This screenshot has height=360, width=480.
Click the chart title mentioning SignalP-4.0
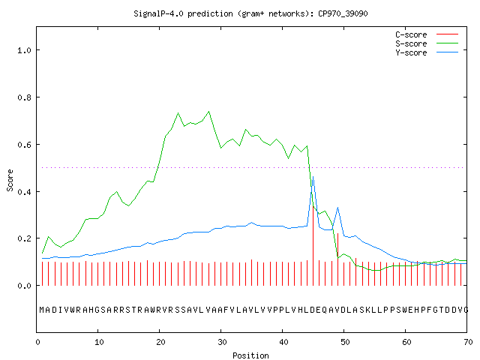pyautogui.click(x=250, y=13)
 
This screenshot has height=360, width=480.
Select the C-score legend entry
pyautogui.click(x=427, y=34)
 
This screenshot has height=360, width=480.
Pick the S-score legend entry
pyautogui.click(x=427, y=43)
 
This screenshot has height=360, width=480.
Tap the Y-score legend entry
pyautogui.click(x=427, y=52)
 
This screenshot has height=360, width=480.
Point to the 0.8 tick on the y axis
pyautogui.click(x=25, y=97)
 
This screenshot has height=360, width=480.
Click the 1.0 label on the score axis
pyautogui.click(x=25, y=50)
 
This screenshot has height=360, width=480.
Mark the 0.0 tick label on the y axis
pyautogui.click(x=25, y=286)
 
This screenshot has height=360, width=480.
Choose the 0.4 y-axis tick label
pyautogui.click(x=25, y=192)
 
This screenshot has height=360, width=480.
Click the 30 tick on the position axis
pyautogui.click(x=222, y=342)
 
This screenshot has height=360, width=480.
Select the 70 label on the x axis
pyautogui.click(x=468, y=342)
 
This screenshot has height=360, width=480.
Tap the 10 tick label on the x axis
pyautogui.click(x=99, y=342)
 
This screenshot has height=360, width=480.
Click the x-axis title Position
pyautogui.click(x=250, y=355)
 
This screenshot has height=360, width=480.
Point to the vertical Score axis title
pyautogui.click(x=10, y=180)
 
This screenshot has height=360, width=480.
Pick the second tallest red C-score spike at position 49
pyautogui.click(x=337, y=259)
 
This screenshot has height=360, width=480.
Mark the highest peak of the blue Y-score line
pyautogui.click(x=313, y=177)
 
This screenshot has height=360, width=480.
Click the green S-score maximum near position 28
pyautogui.click(x=208, y=112)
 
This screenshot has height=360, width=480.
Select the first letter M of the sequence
pyautogui.click(x=42, y=310)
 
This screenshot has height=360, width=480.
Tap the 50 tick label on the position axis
pyautogui.click(x=345, y=342)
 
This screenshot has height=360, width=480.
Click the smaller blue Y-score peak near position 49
pyautogui.click(x=337, y=208)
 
